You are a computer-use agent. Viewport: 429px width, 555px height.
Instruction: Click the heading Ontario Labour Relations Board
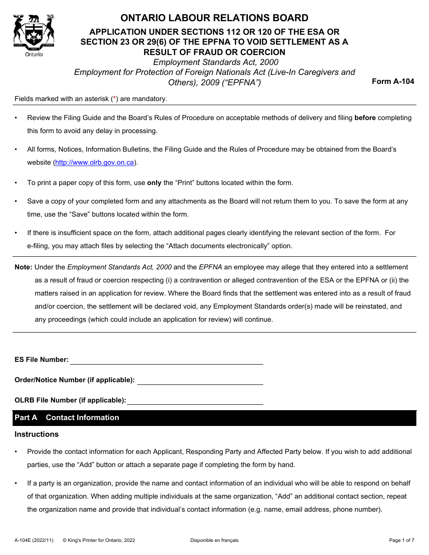[x=214, y=18]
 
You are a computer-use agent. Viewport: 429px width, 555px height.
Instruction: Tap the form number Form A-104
[x=392, y=82]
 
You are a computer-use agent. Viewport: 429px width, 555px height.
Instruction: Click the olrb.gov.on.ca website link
[x=94, y=162]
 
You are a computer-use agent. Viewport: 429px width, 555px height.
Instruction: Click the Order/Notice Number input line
[x=200, y=380]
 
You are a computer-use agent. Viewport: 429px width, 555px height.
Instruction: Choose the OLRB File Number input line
[x=195, y=401]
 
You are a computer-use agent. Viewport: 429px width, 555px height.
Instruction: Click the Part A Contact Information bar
[x=214, y=418]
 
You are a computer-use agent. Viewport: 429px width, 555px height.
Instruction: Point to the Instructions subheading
[x=37, y=434]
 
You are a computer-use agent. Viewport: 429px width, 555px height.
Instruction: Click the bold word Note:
[x=23, y=267]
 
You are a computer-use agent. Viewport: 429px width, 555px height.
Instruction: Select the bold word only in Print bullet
[x=154, y=183]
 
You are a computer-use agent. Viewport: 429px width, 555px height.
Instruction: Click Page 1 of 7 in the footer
[x=401, y=540]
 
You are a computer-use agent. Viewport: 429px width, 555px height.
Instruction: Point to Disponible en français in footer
[x=214, y=540]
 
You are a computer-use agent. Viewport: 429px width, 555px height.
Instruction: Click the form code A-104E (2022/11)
[x=34, y=540]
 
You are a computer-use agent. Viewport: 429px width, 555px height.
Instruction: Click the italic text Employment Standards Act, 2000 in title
[x=215, y=62]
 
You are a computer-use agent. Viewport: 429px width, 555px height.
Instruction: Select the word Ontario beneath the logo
[x=34, y=54]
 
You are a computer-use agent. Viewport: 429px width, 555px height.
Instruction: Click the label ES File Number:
[x=42, y=360]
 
